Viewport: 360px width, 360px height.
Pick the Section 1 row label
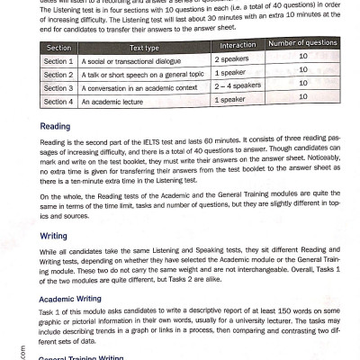(58, 61)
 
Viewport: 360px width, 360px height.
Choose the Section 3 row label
(58, 88)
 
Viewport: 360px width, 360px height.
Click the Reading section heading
(58, 127)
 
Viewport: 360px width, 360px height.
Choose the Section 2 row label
(58, 75)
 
